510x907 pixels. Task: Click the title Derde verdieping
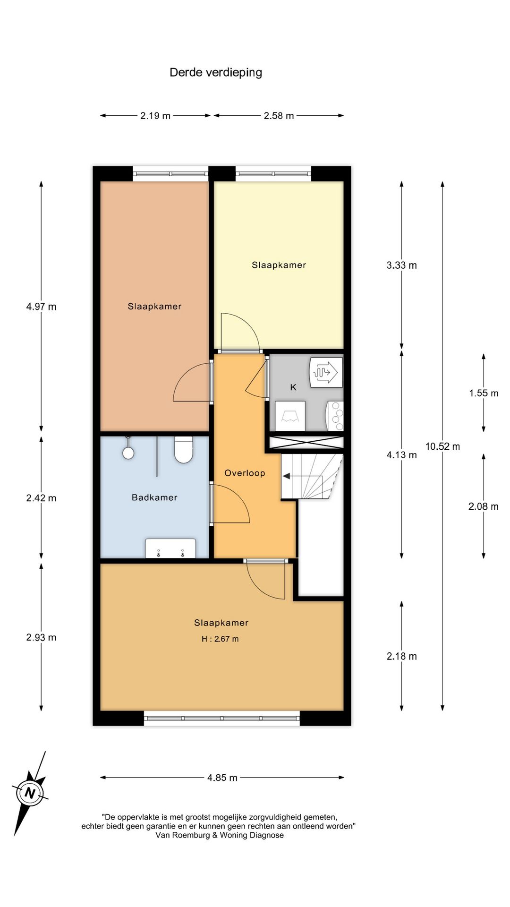tap(216, 73)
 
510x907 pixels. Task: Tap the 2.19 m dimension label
tap(155, 116)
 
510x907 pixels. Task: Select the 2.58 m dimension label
tap(279, 116)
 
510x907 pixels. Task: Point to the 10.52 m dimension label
tap(442, 446)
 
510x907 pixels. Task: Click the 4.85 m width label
tap(222, 778)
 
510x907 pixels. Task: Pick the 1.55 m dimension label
tap(484, 393)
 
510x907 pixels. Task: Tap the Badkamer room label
tap(154, 497)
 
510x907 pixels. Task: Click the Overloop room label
tap(245, 473)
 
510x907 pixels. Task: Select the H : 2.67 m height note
tap(220, 639)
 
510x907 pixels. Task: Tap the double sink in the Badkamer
tap(170, 548)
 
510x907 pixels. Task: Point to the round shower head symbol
tap(128, 453)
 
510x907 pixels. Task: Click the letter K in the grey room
tap(293, 387)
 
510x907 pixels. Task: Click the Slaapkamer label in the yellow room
tap(279, 265)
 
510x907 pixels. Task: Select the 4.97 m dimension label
tap(41, 307)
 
